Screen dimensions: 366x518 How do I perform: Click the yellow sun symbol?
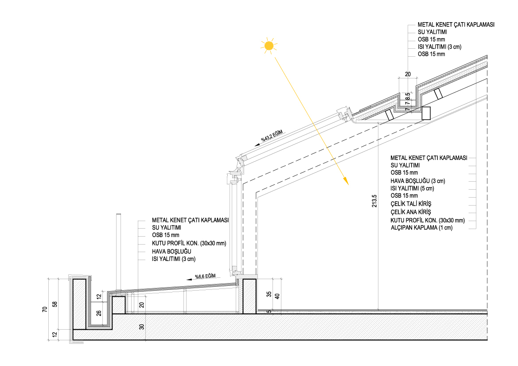(x=268, y=46)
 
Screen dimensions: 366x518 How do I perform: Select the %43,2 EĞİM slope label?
(x=271, y=136)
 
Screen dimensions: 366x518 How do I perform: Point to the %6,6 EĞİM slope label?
(x=205, y=276)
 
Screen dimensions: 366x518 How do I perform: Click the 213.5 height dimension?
(x=374, y=201)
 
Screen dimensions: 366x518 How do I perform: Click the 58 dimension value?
(x=55, y=304)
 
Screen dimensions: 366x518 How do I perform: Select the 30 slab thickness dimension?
(x=142, y=327)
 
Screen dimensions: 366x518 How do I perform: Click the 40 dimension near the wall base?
(x=278, y=296)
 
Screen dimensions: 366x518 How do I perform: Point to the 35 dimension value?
(x=269, y=294)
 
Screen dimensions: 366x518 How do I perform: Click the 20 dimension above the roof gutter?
(x=408, y=74)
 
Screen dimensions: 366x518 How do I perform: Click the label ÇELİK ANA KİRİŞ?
(x=411, y=212)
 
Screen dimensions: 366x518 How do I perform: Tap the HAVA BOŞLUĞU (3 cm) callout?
(x=417, y=181)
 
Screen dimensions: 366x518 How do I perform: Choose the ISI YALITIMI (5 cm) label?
(x=412, y=188)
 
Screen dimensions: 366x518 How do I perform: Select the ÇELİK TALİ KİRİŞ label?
(x=410, y=204)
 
